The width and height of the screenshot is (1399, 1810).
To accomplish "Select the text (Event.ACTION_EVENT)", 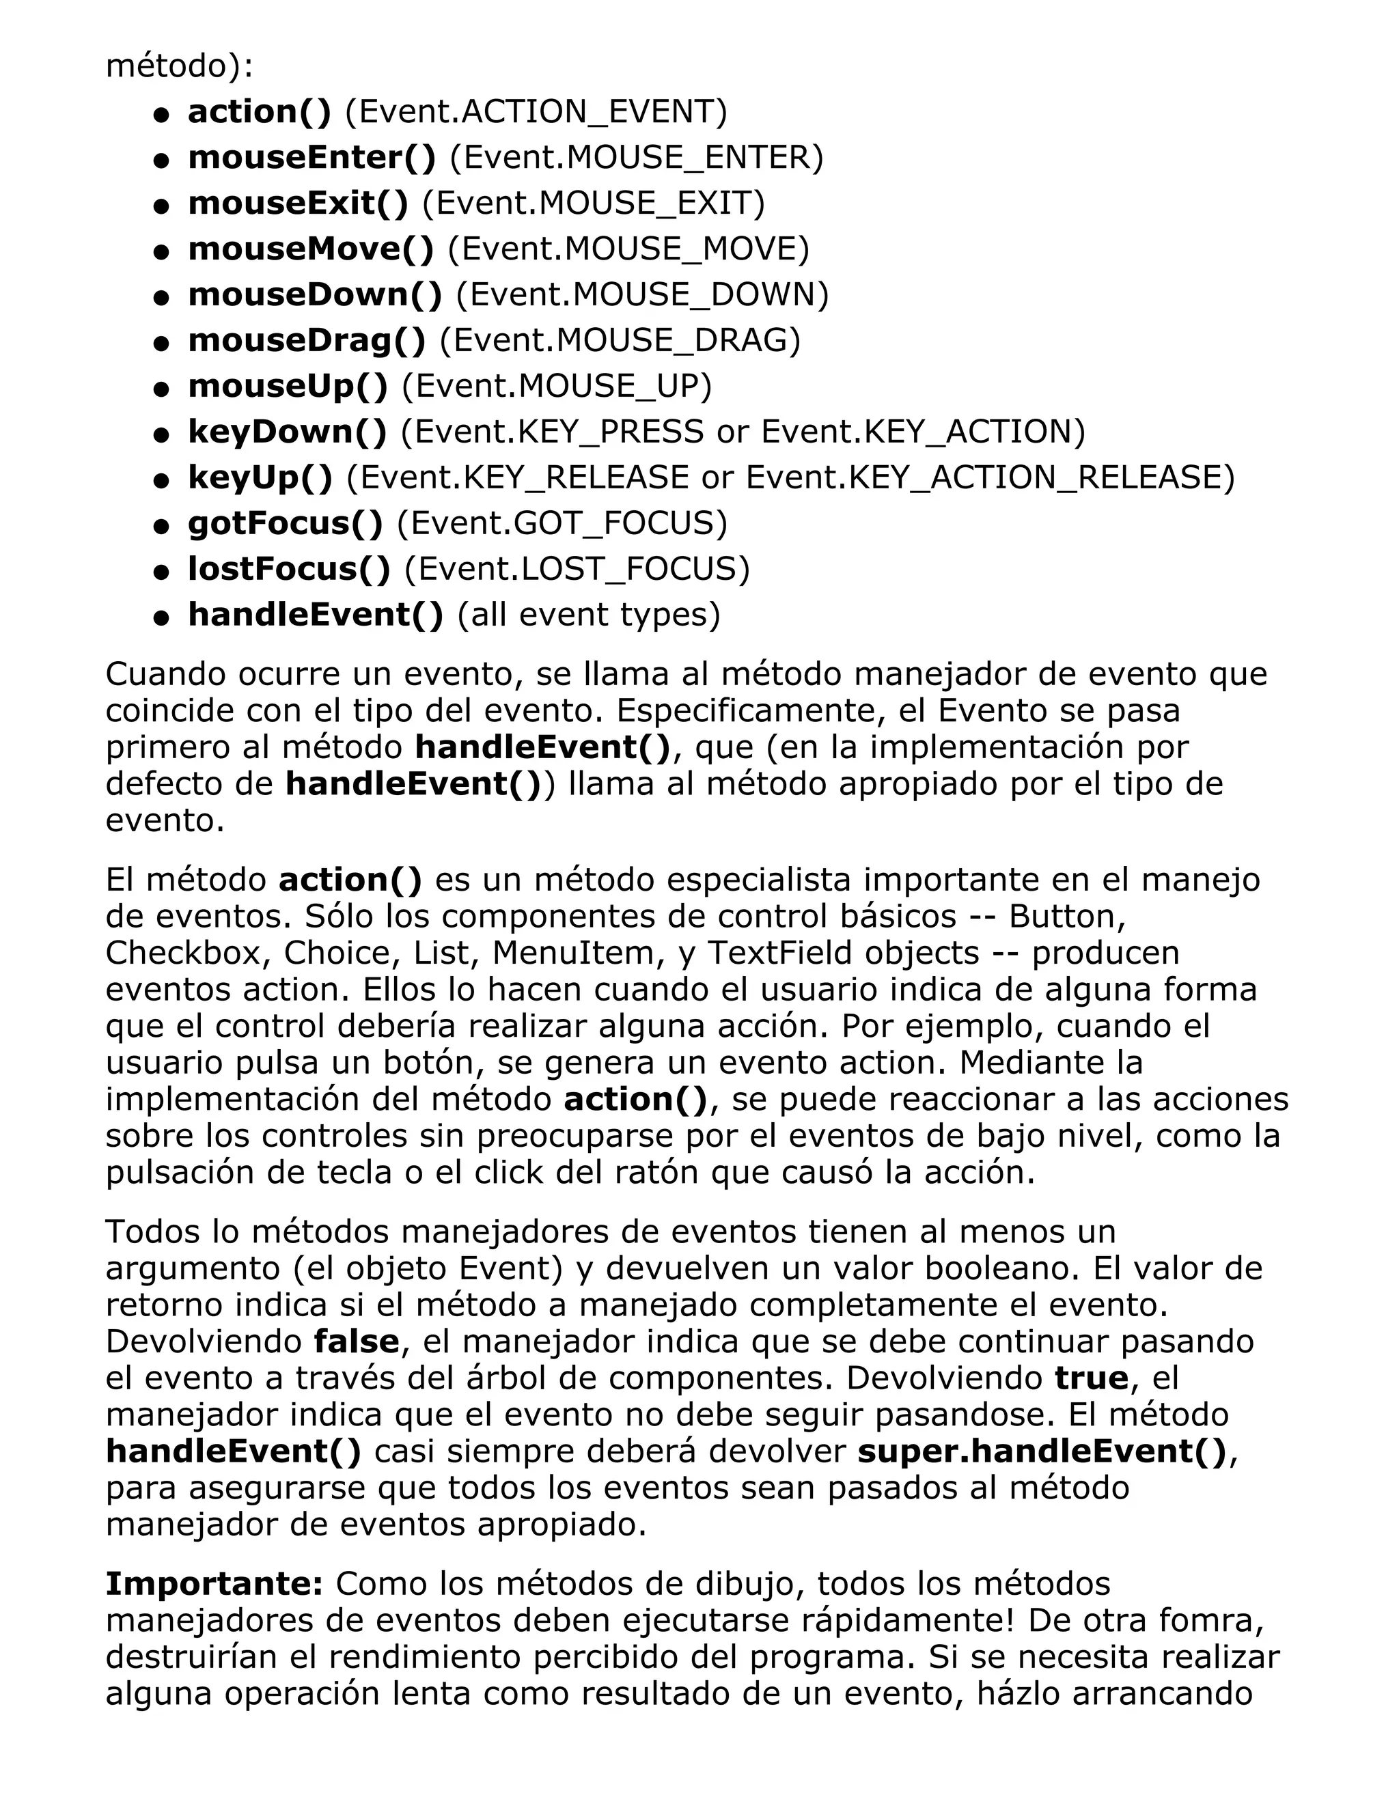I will (536, 112).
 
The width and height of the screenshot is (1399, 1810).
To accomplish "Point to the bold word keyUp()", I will (260, 477).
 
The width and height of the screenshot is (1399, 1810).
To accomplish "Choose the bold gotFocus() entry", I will (285, 523).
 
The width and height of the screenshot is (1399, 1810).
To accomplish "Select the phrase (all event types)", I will (588, 614).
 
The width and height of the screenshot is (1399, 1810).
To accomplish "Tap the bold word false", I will (357, 1341).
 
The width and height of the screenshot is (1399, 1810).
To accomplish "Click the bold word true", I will (1092, 1378).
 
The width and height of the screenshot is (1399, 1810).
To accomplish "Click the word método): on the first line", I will (179, 66).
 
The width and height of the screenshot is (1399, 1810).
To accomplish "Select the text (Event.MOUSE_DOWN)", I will (642, 295).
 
